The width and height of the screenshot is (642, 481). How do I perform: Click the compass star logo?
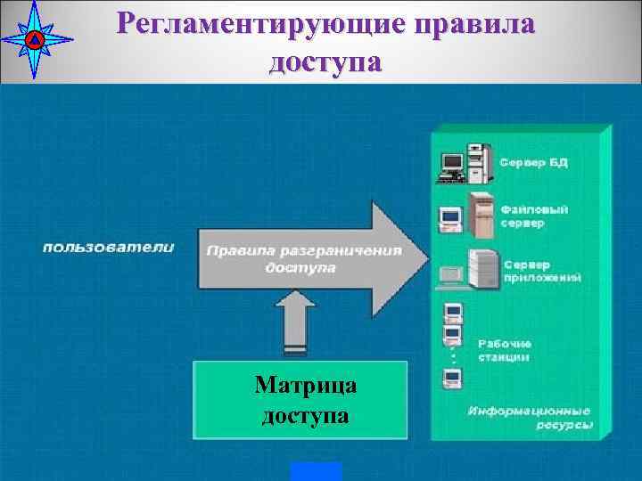pos(34,39)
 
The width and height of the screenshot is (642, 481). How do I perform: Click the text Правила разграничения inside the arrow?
pos(303,251)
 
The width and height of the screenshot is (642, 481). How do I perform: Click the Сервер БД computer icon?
pos(463,160)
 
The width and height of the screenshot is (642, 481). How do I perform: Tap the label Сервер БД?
pos(533,164)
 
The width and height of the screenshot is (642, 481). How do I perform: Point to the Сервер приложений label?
pos(542,272)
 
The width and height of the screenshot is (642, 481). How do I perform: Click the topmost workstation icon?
pos(452,311)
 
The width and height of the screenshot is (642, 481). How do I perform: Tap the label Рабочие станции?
pos(505,350)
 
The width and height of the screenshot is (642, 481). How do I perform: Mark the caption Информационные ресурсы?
pos(530,418)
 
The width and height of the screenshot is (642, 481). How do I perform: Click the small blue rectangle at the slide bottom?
pos(316,471)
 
